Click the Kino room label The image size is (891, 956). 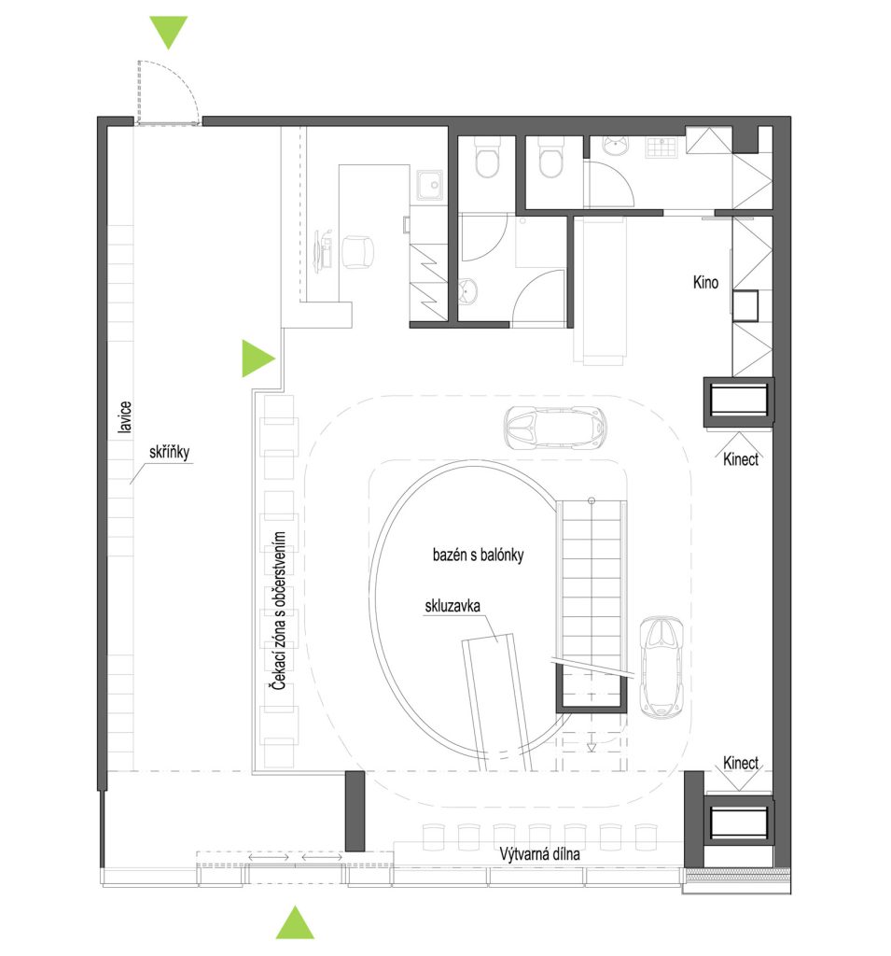click(x=705, y=282)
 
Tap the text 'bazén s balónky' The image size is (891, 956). click(x=478, y=555)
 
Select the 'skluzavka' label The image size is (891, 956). click(x=452, y=606)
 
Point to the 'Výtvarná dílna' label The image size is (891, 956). click(x=539, y=854)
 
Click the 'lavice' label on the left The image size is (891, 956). click(x=125, y=417)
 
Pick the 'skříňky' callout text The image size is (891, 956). click(x=170, y=453)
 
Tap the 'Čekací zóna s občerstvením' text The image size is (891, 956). click(x=279, y=611)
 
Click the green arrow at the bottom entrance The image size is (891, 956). click(x=295, y=922)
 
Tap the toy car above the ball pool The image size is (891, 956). click(x=554, y=428)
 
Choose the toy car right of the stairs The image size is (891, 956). click(x=661, y=667)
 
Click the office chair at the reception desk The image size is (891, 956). click(x=357, y=252)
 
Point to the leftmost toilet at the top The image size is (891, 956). click(x=487, y=157)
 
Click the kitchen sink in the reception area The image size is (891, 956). click(x=431, y=184)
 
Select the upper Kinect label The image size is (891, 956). click(x=741, y=459)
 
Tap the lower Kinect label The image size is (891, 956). click(x=741, y=763)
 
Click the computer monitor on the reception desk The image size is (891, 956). click(x=319, y=251)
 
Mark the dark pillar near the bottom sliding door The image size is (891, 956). click(x=355, y=811)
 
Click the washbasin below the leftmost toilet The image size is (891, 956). click(x=467, y=291)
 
